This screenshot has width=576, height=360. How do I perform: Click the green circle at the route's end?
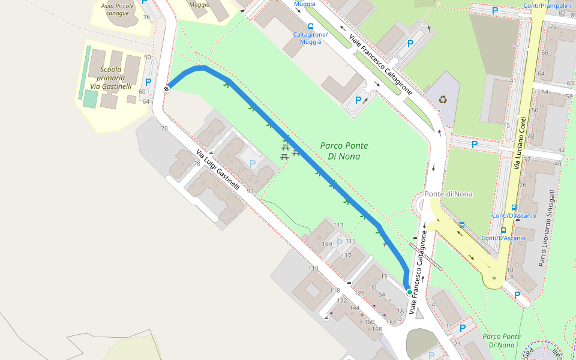410,292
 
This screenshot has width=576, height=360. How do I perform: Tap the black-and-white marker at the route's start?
166,89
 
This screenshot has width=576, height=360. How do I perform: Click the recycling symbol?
443,100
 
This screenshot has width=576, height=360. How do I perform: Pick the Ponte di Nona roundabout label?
448,194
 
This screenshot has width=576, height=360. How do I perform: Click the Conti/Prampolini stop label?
547,5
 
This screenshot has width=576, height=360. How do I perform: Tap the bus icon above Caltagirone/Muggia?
310,26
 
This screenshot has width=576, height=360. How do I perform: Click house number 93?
250,191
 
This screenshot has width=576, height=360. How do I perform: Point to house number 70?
164,128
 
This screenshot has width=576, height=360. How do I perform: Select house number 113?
338,226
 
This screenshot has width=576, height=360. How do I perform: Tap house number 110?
313,268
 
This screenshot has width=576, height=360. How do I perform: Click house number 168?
377,329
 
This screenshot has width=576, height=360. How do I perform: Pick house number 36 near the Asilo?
146,17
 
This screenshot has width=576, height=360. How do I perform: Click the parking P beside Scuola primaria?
148,83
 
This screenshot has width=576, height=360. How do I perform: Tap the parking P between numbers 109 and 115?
340,243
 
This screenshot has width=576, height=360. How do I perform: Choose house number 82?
562,14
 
